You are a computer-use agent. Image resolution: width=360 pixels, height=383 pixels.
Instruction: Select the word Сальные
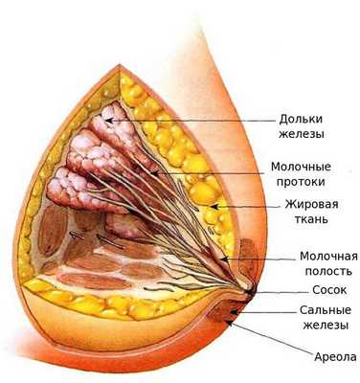click(x=305, y=309)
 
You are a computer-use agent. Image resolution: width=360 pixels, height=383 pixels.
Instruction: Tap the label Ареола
click(x=317, y=355)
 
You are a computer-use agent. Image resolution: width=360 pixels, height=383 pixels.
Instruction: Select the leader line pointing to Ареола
click(x=278, y=340)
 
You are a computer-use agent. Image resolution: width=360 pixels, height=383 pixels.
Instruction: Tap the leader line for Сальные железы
click(x=259, y=312)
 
